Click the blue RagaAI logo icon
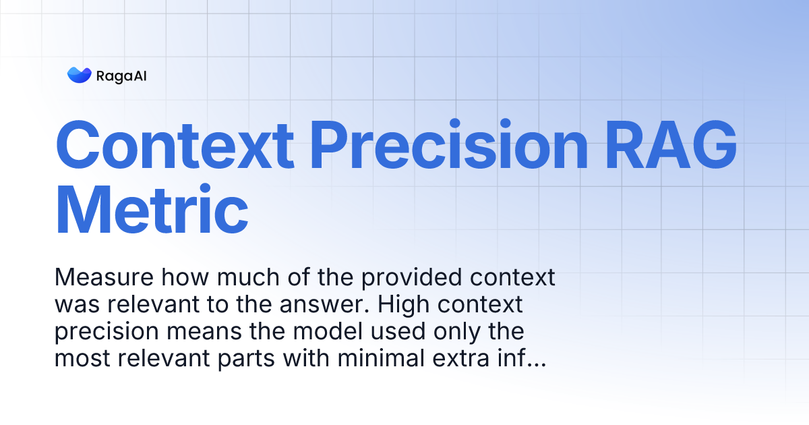point(79,75)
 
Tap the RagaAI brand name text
point(121,76)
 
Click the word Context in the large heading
point(175,144)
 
